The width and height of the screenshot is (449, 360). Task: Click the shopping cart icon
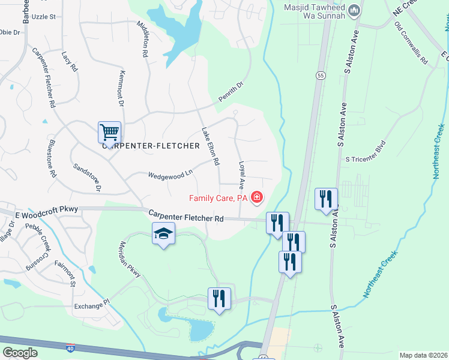click(x=110, y=132)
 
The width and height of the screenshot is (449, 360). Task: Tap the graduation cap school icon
click(x=163, y=233)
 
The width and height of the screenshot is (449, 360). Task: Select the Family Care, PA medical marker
click(x=258, y=197)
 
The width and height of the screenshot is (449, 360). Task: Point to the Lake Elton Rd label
click(x=210, y=146)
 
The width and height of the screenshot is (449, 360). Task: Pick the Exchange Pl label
click(x=92, y=305)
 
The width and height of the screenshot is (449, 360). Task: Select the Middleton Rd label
click(x=142, y=39)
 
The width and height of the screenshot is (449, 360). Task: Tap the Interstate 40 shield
click(x=70, y=348)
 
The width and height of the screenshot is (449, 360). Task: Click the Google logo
click(x=20, y=353)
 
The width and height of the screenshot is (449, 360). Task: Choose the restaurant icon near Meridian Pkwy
click(x=219, y=298)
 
